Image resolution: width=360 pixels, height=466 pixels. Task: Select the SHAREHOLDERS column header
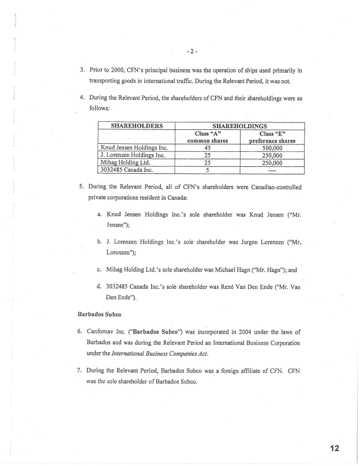click(x=136, y=125)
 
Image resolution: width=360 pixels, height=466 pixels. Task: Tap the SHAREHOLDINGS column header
click(x=239, y=125)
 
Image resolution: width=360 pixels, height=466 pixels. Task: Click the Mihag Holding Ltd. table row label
click(x=121, y=162)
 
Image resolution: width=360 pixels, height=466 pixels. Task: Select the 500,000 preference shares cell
click(x=272, y=147)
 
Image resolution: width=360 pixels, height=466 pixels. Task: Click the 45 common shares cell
click(x=207, y=147)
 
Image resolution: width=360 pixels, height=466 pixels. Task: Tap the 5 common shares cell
click(x=207, y=170)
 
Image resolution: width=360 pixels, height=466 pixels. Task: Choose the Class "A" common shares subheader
click(x=207, y=136)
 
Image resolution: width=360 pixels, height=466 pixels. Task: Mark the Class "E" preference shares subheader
click(x=272, y=136)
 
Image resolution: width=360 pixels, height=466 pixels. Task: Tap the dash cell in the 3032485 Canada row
click(x=272, y=170)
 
